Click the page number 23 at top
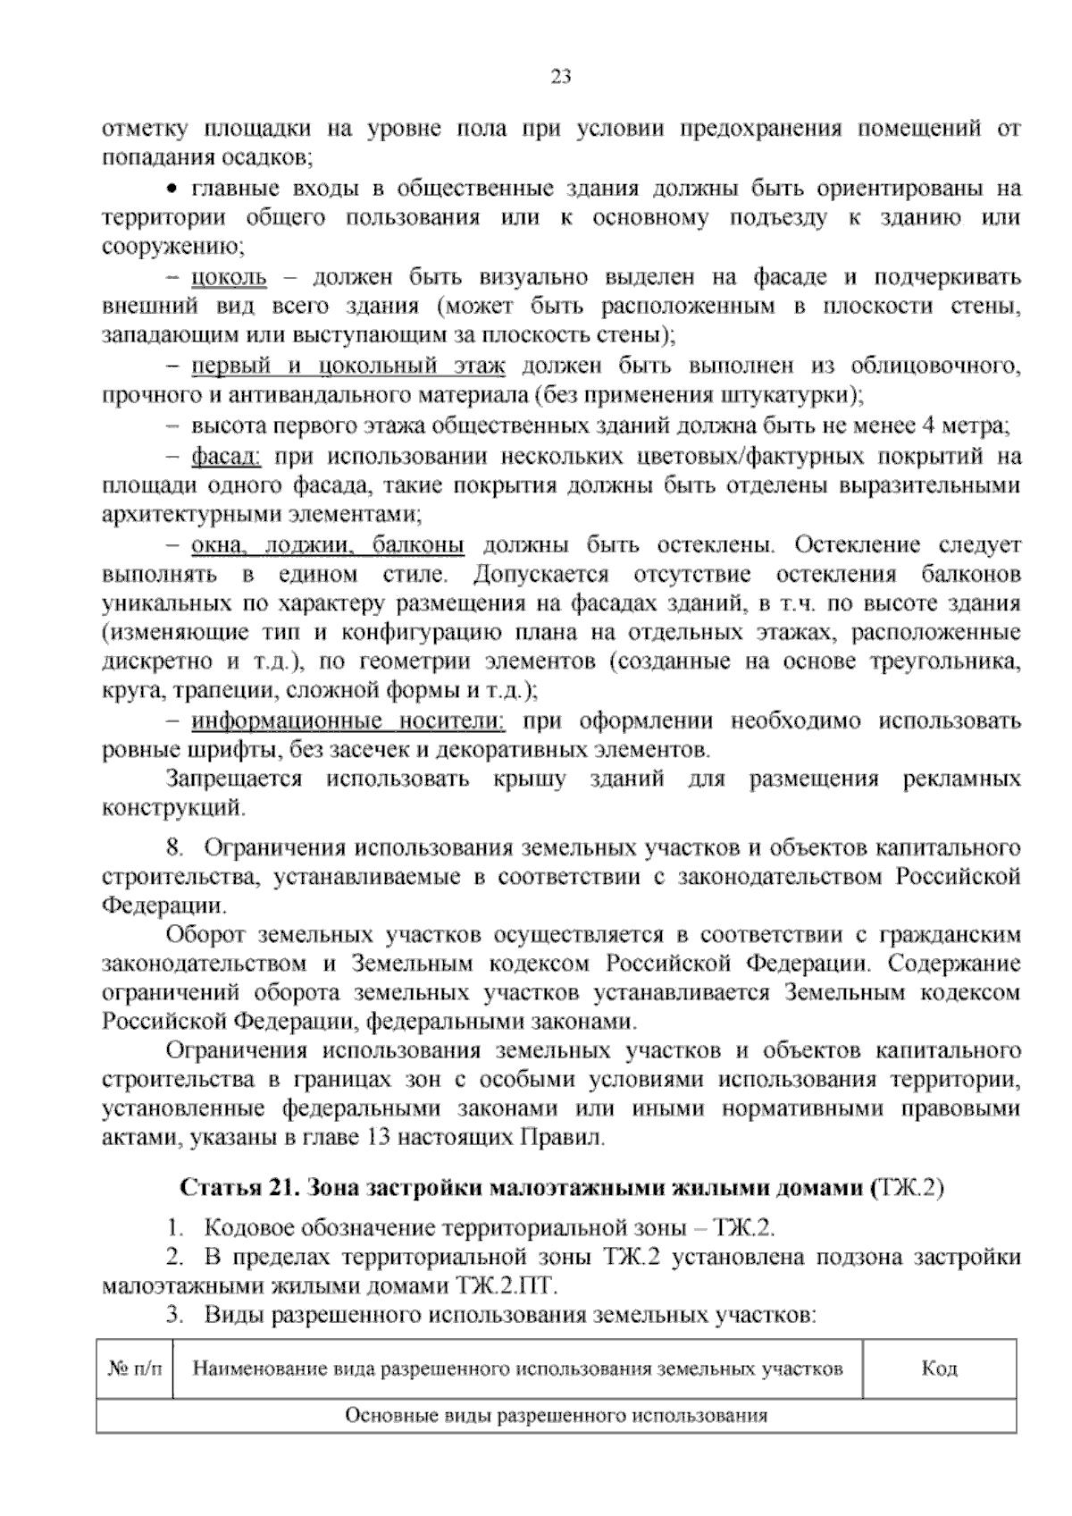560,77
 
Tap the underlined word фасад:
225,457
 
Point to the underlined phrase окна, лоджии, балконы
328,545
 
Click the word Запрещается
235,779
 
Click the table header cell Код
939,1369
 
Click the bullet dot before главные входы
175,189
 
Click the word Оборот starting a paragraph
205,936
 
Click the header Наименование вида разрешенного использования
517,1369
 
